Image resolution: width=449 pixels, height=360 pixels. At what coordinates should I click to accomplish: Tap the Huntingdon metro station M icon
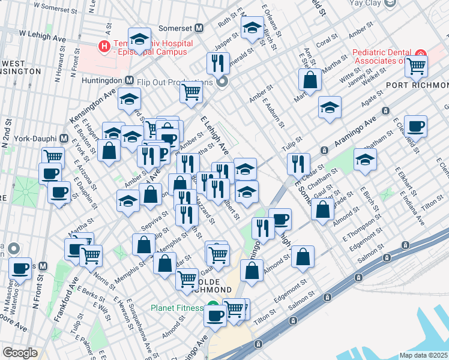(x=129, y=80)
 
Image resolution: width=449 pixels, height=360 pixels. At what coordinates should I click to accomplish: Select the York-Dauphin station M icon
(x=63, y=138)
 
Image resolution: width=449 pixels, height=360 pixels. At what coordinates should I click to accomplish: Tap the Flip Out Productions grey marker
(x=223, y=82)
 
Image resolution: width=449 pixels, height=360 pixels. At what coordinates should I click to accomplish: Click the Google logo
(x=20, y=353)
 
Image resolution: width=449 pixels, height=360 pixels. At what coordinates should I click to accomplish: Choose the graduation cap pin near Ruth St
(x=252, y=26)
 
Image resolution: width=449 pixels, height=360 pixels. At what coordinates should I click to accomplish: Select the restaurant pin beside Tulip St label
(x=298, y=163)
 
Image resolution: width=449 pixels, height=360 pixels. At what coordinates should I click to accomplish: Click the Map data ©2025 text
(x=423, y=355)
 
